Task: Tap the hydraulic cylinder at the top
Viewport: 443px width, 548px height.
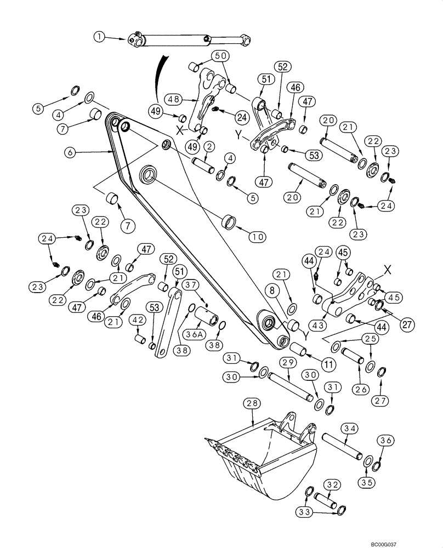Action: (x=189, y=40)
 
